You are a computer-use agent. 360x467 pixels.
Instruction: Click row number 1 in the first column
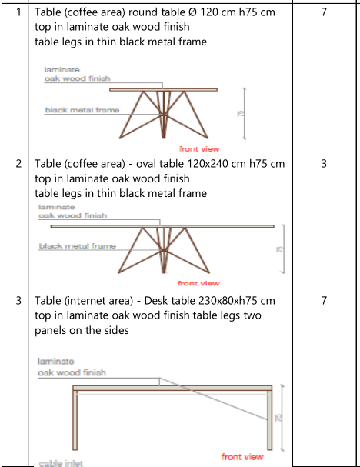tap(18, 12)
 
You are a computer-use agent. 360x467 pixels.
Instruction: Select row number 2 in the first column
tap(18, 164)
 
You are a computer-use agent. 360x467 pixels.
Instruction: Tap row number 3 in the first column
tap(18, 301)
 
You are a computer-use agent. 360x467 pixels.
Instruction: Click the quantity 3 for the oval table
tap(324, 164)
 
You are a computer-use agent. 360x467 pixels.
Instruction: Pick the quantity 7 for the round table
tap(324, 12)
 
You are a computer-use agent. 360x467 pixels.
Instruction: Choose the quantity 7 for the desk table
tap(324, 301)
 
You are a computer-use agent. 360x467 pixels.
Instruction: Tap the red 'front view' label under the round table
tap(199, 149)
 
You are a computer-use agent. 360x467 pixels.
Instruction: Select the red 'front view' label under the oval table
tap(198, 283)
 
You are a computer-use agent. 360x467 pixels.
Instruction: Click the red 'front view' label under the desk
tap(242, 457)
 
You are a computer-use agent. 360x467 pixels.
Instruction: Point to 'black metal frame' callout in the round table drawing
tap(82, 110)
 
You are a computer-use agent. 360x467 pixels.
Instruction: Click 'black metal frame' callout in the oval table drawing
tap(78, 246)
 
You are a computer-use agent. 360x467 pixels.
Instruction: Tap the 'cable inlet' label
tap(61, 463)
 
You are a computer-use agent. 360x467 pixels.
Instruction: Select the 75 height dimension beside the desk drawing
tap(278, 418)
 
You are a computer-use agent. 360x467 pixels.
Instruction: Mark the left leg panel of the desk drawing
tap(75, 420)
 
